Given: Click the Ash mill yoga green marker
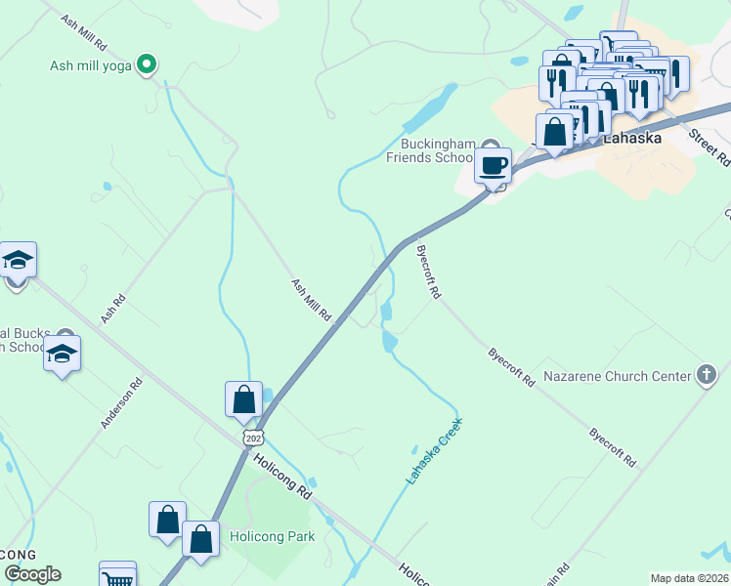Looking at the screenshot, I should (x=147, y=65).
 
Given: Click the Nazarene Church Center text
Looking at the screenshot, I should (x=617, y=375).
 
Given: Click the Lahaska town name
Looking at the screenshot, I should (x=631, y=138).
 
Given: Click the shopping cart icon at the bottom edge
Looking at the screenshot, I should (x=117, y=577).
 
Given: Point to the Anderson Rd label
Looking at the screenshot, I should (x=121, y=403).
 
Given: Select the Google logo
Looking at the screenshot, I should (x=32, y=573).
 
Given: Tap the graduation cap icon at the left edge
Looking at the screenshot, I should (x=18, y=261).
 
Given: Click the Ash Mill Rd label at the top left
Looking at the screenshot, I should (x=83, y=34).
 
